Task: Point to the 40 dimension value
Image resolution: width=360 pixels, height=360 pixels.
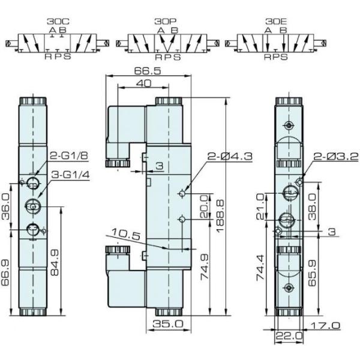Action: [x=143, y=85]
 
